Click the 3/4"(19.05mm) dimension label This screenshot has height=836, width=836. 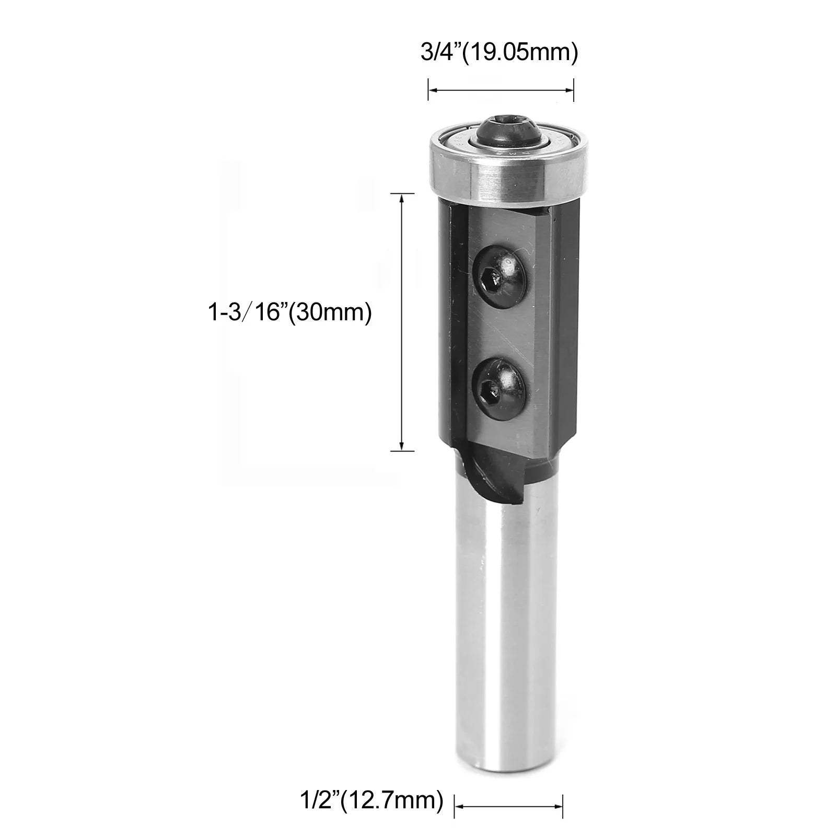(499, 53)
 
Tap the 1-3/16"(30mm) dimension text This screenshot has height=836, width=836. (289, 313)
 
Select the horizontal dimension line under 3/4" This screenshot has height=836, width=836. (501, 90)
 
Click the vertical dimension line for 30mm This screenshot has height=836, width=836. (402, 322)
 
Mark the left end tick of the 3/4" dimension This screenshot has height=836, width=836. (428, 90)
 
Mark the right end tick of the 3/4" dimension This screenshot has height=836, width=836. (574, 90)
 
